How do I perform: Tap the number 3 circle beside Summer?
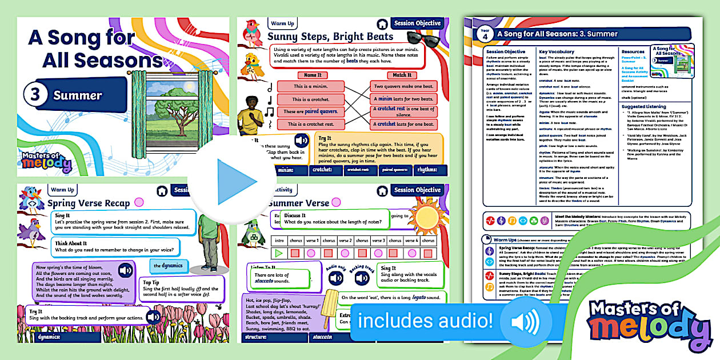[35, 95]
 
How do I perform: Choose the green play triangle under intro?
[279, 253]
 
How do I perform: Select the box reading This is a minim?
[311, 86]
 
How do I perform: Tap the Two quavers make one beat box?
[406, 86]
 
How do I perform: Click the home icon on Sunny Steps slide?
[382, 24]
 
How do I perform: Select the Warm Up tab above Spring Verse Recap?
[62, 190]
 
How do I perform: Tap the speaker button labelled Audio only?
[336, 278]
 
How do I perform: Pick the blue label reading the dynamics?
[168, 266]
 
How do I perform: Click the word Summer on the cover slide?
[78, 95]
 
